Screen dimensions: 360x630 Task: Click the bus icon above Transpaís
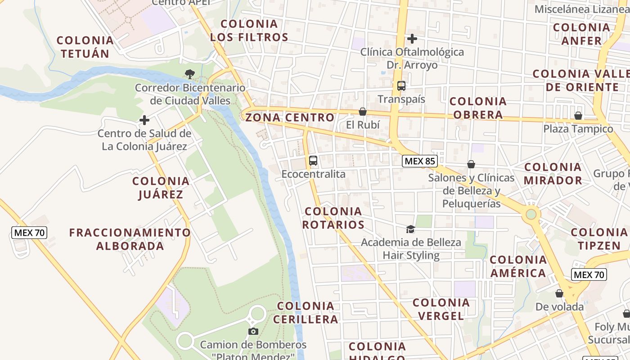tap(401, 85)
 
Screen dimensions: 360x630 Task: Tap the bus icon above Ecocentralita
tap(313, 160)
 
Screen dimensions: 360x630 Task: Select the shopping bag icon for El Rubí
tap(362, 111)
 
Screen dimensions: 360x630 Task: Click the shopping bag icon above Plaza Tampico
tap(578, 116)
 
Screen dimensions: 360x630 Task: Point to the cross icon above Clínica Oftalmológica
tap(412, 39)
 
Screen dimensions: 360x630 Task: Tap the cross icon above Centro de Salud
tap(144, 120)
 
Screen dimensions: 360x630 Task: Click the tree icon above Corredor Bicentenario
tap(190, 74)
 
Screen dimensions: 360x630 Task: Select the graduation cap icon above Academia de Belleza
tap(410, 229)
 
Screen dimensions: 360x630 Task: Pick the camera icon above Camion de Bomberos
tap(253, 332)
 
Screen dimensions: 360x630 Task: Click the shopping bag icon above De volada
tap(559, 293)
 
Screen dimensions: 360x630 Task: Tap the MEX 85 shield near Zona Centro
tap(420, 161)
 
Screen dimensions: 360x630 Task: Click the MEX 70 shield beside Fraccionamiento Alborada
tap(29, 233)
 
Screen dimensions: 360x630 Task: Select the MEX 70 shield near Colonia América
tap(589, 274)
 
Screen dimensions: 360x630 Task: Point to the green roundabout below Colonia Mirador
tap(531, 214)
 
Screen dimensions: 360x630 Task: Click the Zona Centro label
tap(290, 118)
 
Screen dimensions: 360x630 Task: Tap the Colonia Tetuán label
tap(85, 47)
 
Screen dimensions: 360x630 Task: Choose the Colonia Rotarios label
tap(333, 218)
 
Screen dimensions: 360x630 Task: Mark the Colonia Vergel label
tap(441, 309)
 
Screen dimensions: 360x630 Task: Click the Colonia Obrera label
tap(478, 108)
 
